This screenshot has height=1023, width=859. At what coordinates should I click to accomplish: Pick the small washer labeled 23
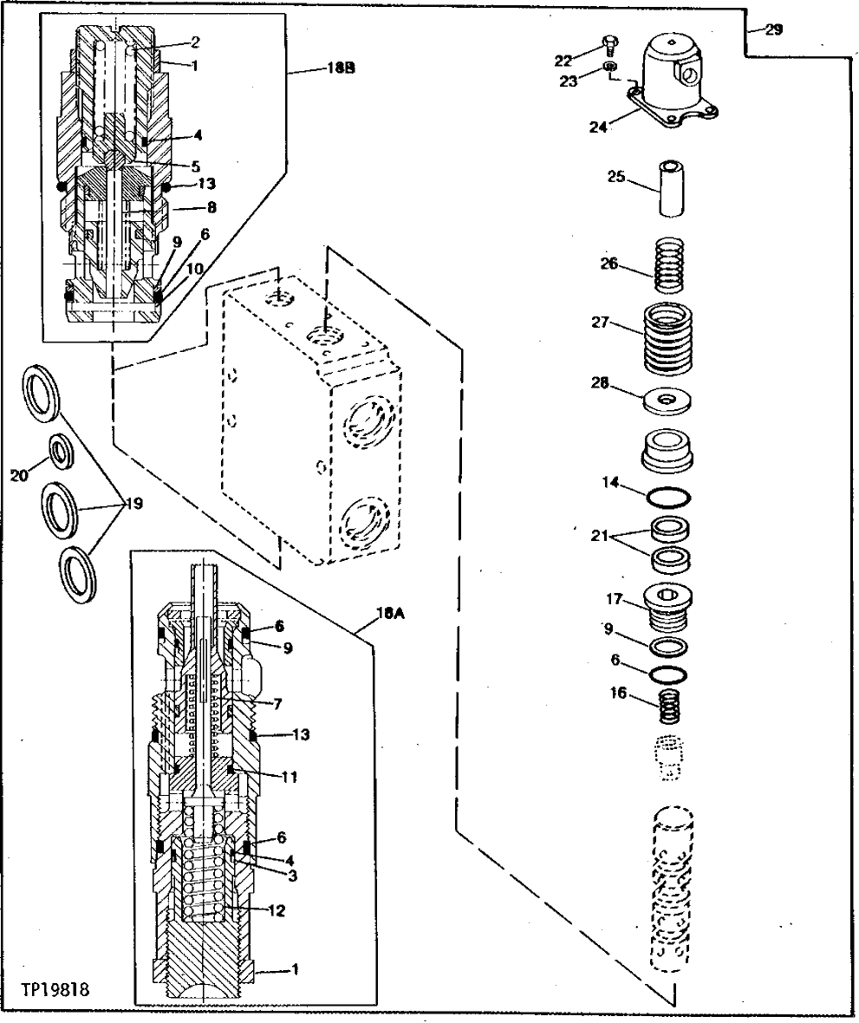pyautogui.click(x=609, y=68)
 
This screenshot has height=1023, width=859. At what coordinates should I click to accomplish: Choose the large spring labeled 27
pyautogui.click(x=669, y=332)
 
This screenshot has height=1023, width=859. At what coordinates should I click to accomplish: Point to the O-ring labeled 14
pyautogui.click(x=668, y=498)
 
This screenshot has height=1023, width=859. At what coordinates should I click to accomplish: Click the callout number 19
pyautogui.click(x=134, y=504)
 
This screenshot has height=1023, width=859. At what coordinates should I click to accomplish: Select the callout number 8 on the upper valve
pyautogui.click(x=211, y=208)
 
